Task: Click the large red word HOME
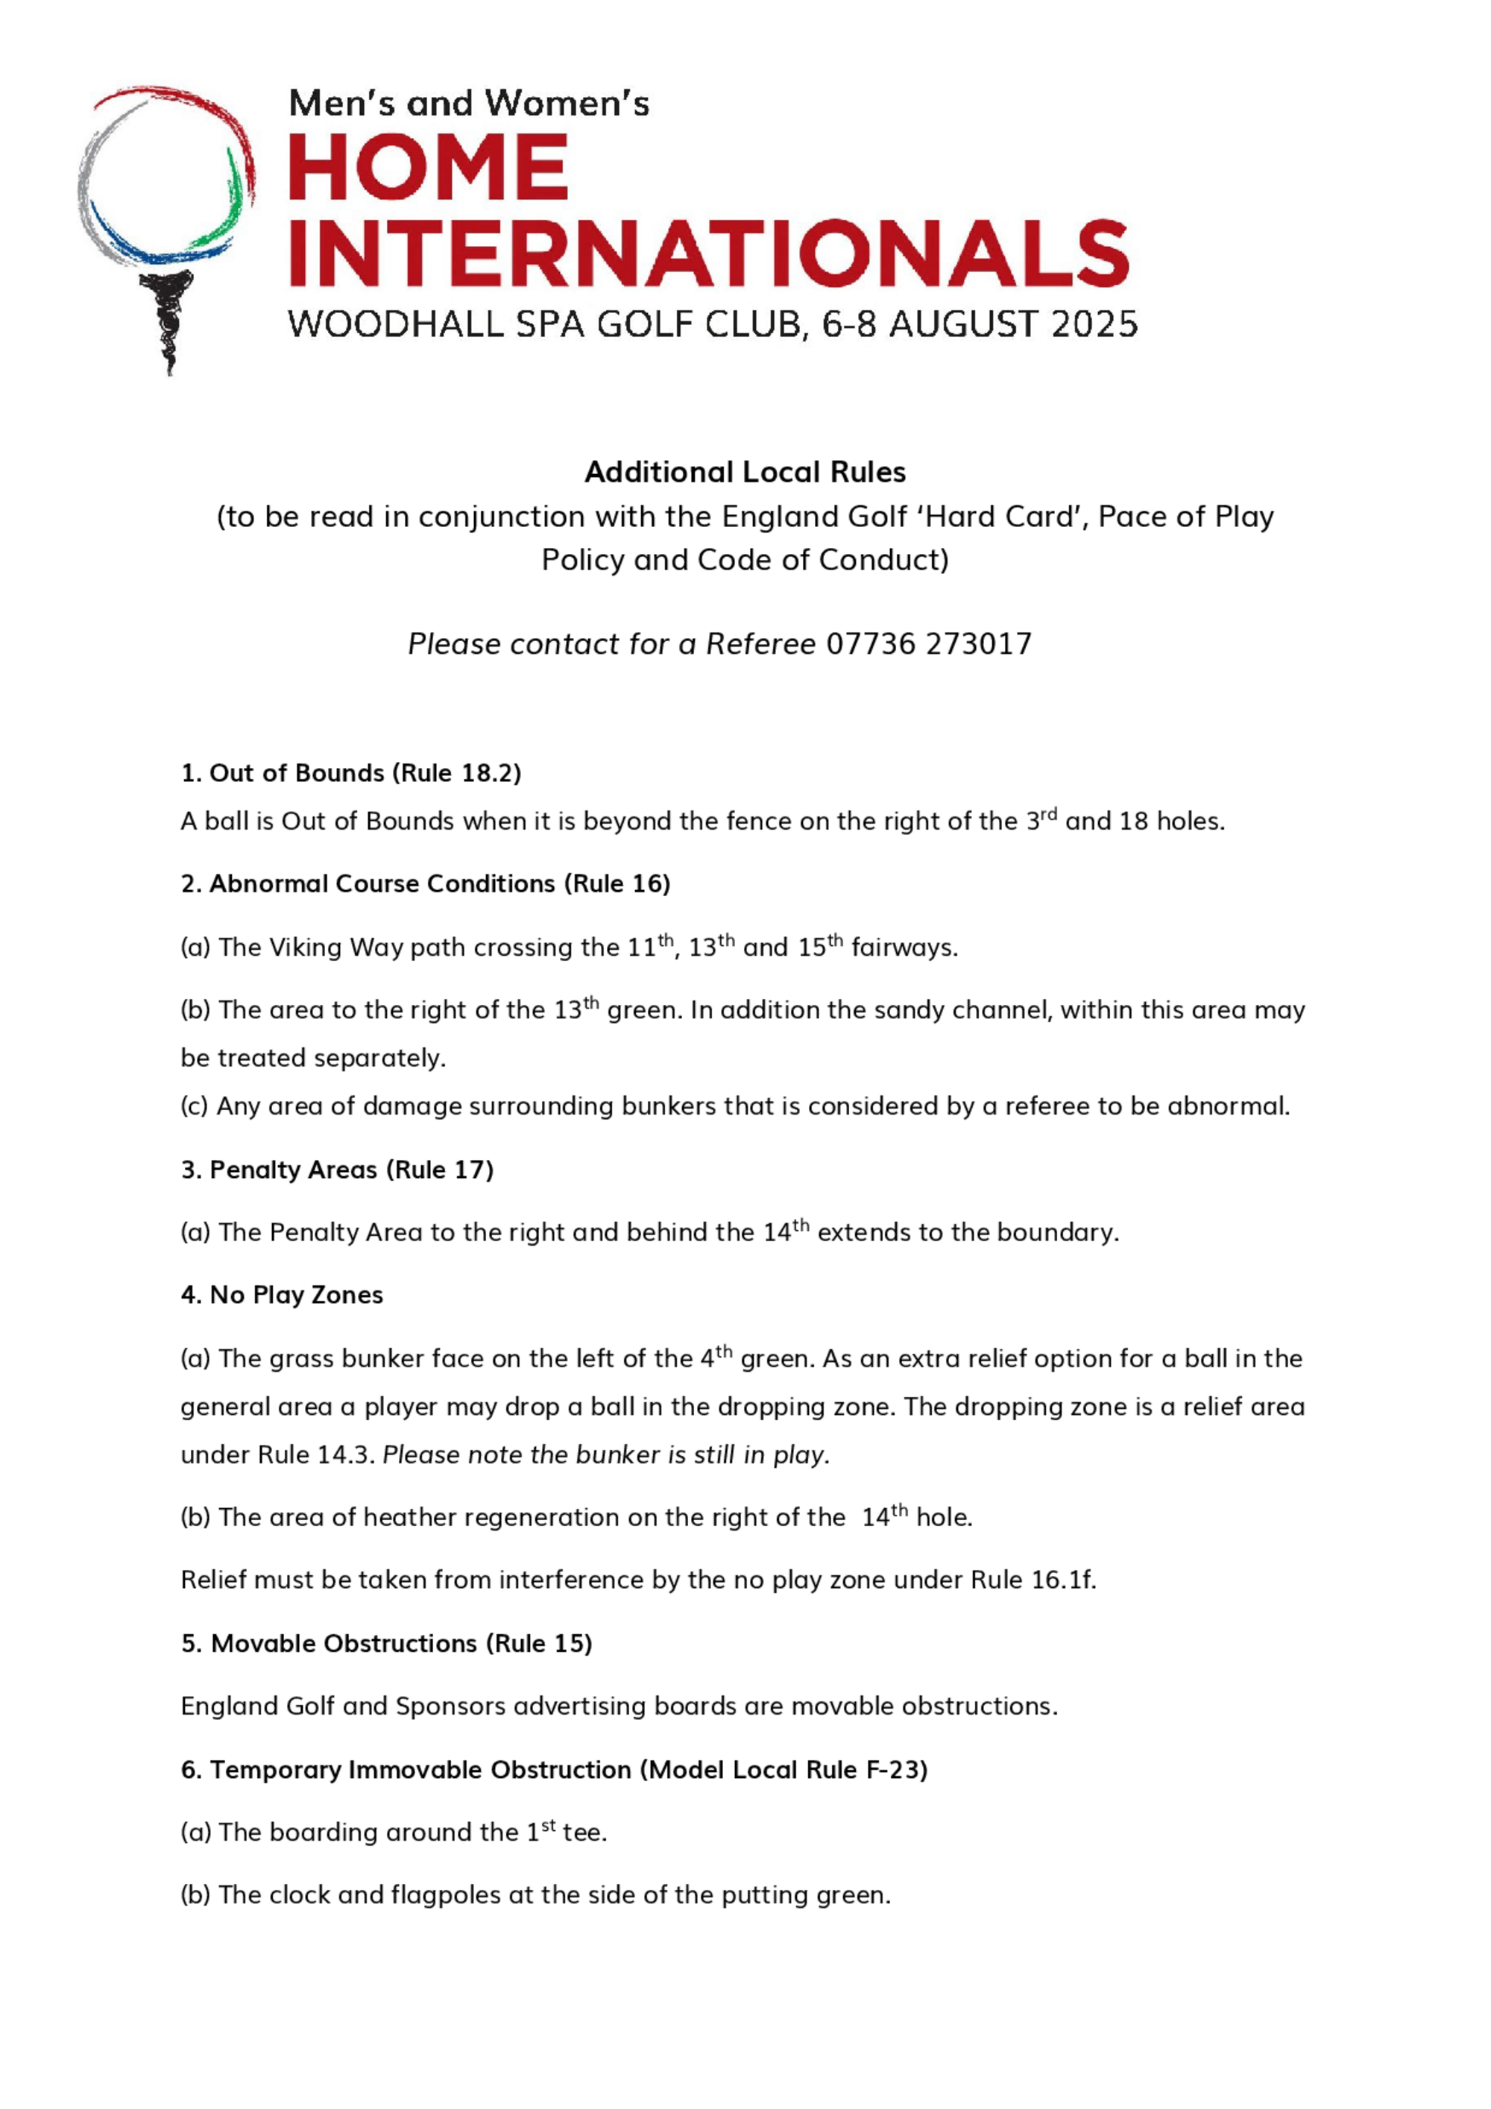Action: click(428, 168)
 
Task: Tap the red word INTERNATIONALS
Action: click(708, 253)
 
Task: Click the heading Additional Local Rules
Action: click(745, 472)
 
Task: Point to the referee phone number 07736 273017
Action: click(929, 644)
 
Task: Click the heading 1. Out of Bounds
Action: click(351, 772)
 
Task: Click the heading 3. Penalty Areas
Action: click(337, 1170)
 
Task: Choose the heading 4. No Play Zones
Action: click(282, 1294)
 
